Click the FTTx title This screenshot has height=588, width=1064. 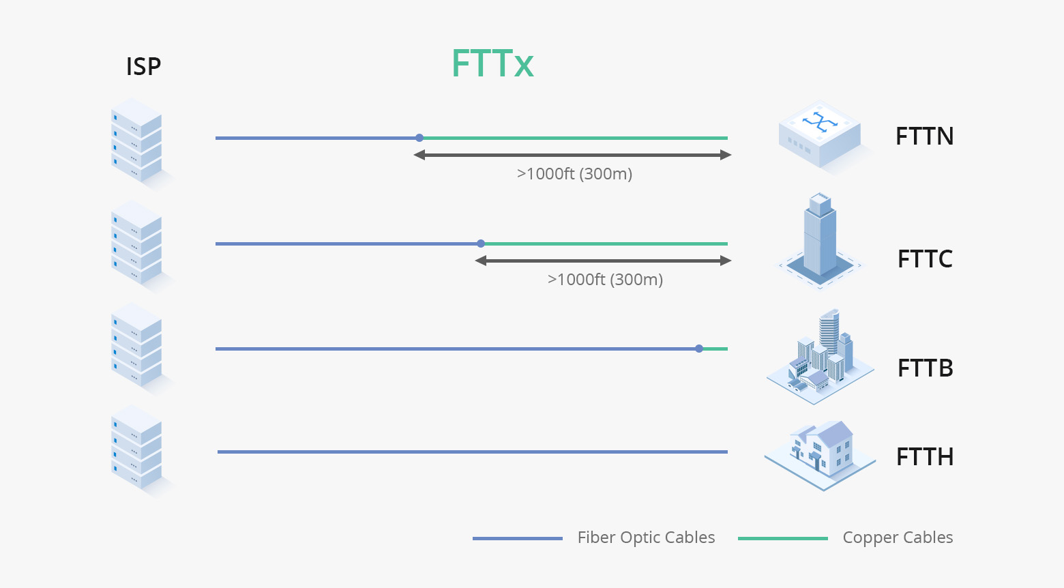pos(492,64)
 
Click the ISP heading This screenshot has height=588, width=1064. pos(143,67)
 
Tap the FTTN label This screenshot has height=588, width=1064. pos(924,136)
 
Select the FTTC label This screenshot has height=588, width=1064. pos(925,259)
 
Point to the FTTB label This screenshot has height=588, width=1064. pos(925,368)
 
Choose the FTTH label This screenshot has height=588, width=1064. pos(925,457)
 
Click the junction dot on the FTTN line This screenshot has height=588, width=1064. pos(419,138)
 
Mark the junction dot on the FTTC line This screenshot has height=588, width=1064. pos(481,244)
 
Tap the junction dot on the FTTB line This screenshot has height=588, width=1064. pos(699,349)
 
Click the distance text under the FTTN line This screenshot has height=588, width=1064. pos(574,174)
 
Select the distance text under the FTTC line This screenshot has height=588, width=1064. pos(605,280)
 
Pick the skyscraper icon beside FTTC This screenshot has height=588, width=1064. pos(819,239)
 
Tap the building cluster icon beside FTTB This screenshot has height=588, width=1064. pos(820,357)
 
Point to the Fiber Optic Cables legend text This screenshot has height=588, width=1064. pos(646,538)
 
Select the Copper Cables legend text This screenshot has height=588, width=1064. pos(898,538)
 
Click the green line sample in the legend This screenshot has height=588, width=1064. pos(782,538)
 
